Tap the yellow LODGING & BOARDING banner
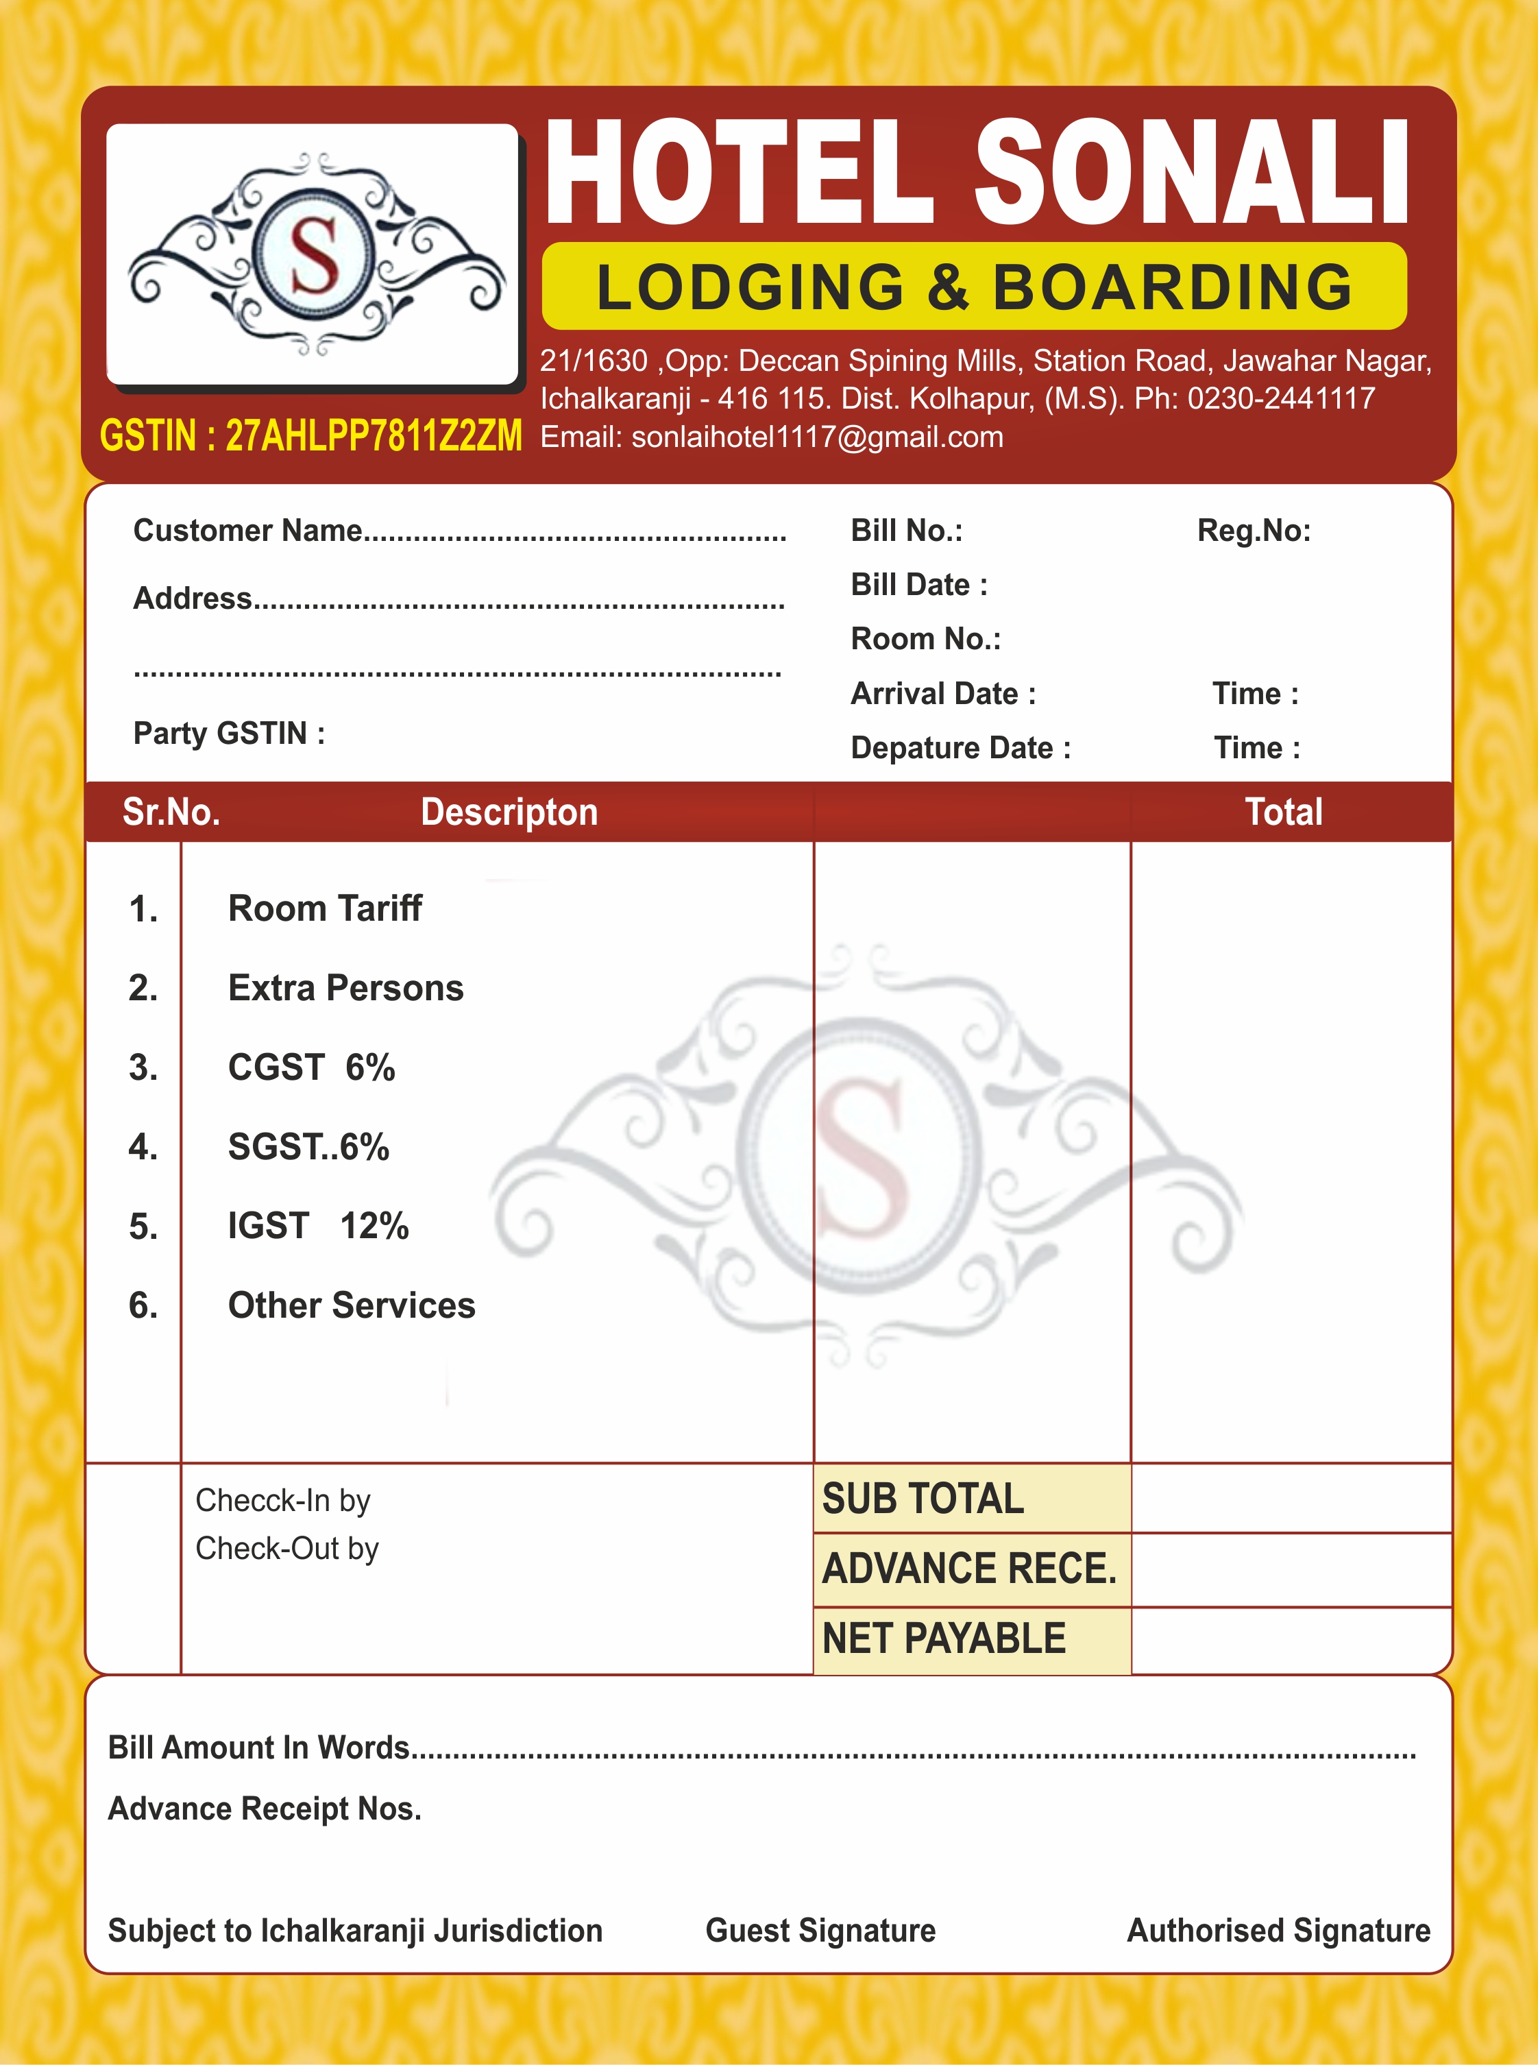974,287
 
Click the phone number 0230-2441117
1281,398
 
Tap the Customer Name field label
247,531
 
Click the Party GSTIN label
229,734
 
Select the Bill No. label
906,531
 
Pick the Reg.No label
1253,531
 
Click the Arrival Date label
942,694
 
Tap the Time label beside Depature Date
1256,747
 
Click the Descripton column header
509,812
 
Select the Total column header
1284,812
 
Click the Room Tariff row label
325,908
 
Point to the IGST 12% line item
319,1226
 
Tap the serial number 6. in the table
143,1305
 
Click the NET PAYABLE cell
944,1639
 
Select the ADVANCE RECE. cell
969,1569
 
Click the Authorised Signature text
1278,1930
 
